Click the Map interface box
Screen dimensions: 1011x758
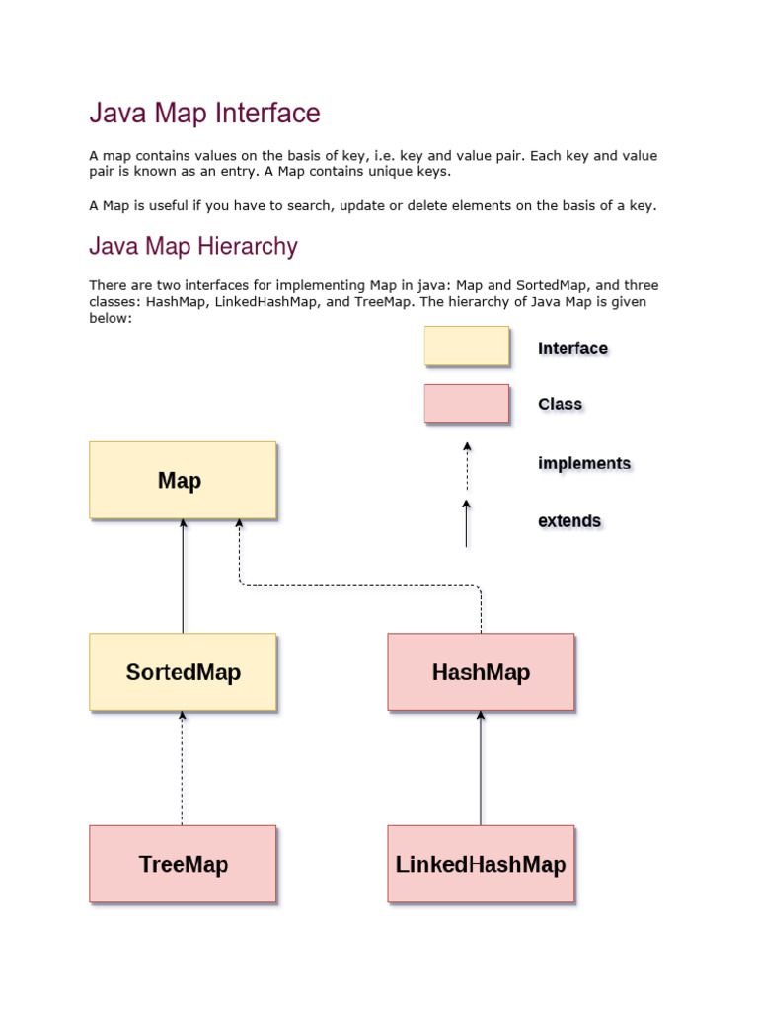[183, 480]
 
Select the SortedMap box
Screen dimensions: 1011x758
[183, 672]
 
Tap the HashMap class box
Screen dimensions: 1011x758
[481, 672]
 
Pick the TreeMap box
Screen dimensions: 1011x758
[183, 864]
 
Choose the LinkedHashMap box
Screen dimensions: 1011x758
[481, 864]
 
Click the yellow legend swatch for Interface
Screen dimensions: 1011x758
[467, 347]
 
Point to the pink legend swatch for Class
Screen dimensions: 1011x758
[467, 404]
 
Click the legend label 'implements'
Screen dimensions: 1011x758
[584, 463]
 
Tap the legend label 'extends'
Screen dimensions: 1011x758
[569, 520]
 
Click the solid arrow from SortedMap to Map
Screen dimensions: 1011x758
[183, 577]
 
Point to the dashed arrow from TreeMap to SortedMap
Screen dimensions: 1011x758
[183, 768]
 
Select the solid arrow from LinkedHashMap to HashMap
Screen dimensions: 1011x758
[481, 768]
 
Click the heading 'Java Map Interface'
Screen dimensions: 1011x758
[204, 114]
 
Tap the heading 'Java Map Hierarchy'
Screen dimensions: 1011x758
[193, 246]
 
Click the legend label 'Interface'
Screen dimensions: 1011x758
[572, 349]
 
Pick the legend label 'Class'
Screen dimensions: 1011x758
[560, 404]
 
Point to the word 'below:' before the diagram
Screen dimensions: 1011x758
[111, 318]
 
